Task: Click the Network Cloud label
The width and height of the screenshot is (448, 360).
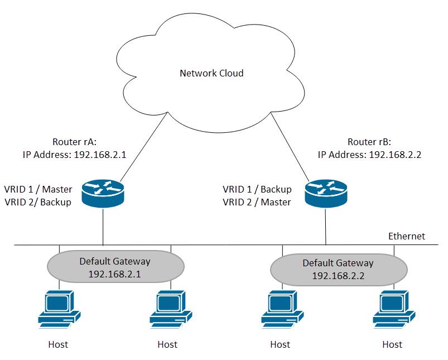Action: coord(211,73)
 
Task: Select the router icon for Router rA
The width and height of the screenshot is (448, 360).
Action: coord(103,193)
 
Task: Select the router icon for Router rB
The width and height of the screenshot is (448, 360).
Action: coord(326,193)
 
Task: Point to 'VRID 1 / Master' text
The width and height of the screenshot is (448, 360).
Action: coord(38,189)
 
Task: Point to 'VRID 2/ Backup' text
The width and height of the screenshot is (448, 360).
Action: coord(38,202)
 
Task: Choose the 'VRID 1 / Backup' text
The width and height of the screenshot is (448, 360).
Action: coord(257,189)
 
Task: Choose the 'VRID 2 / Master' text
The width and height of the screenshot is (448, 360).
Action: coord(257,202)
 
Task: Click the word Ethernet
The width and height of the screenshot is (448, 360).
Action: coord(407,236)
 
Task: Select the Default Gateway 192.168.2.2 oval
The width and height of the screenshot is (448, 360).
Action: coord(338,269)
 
